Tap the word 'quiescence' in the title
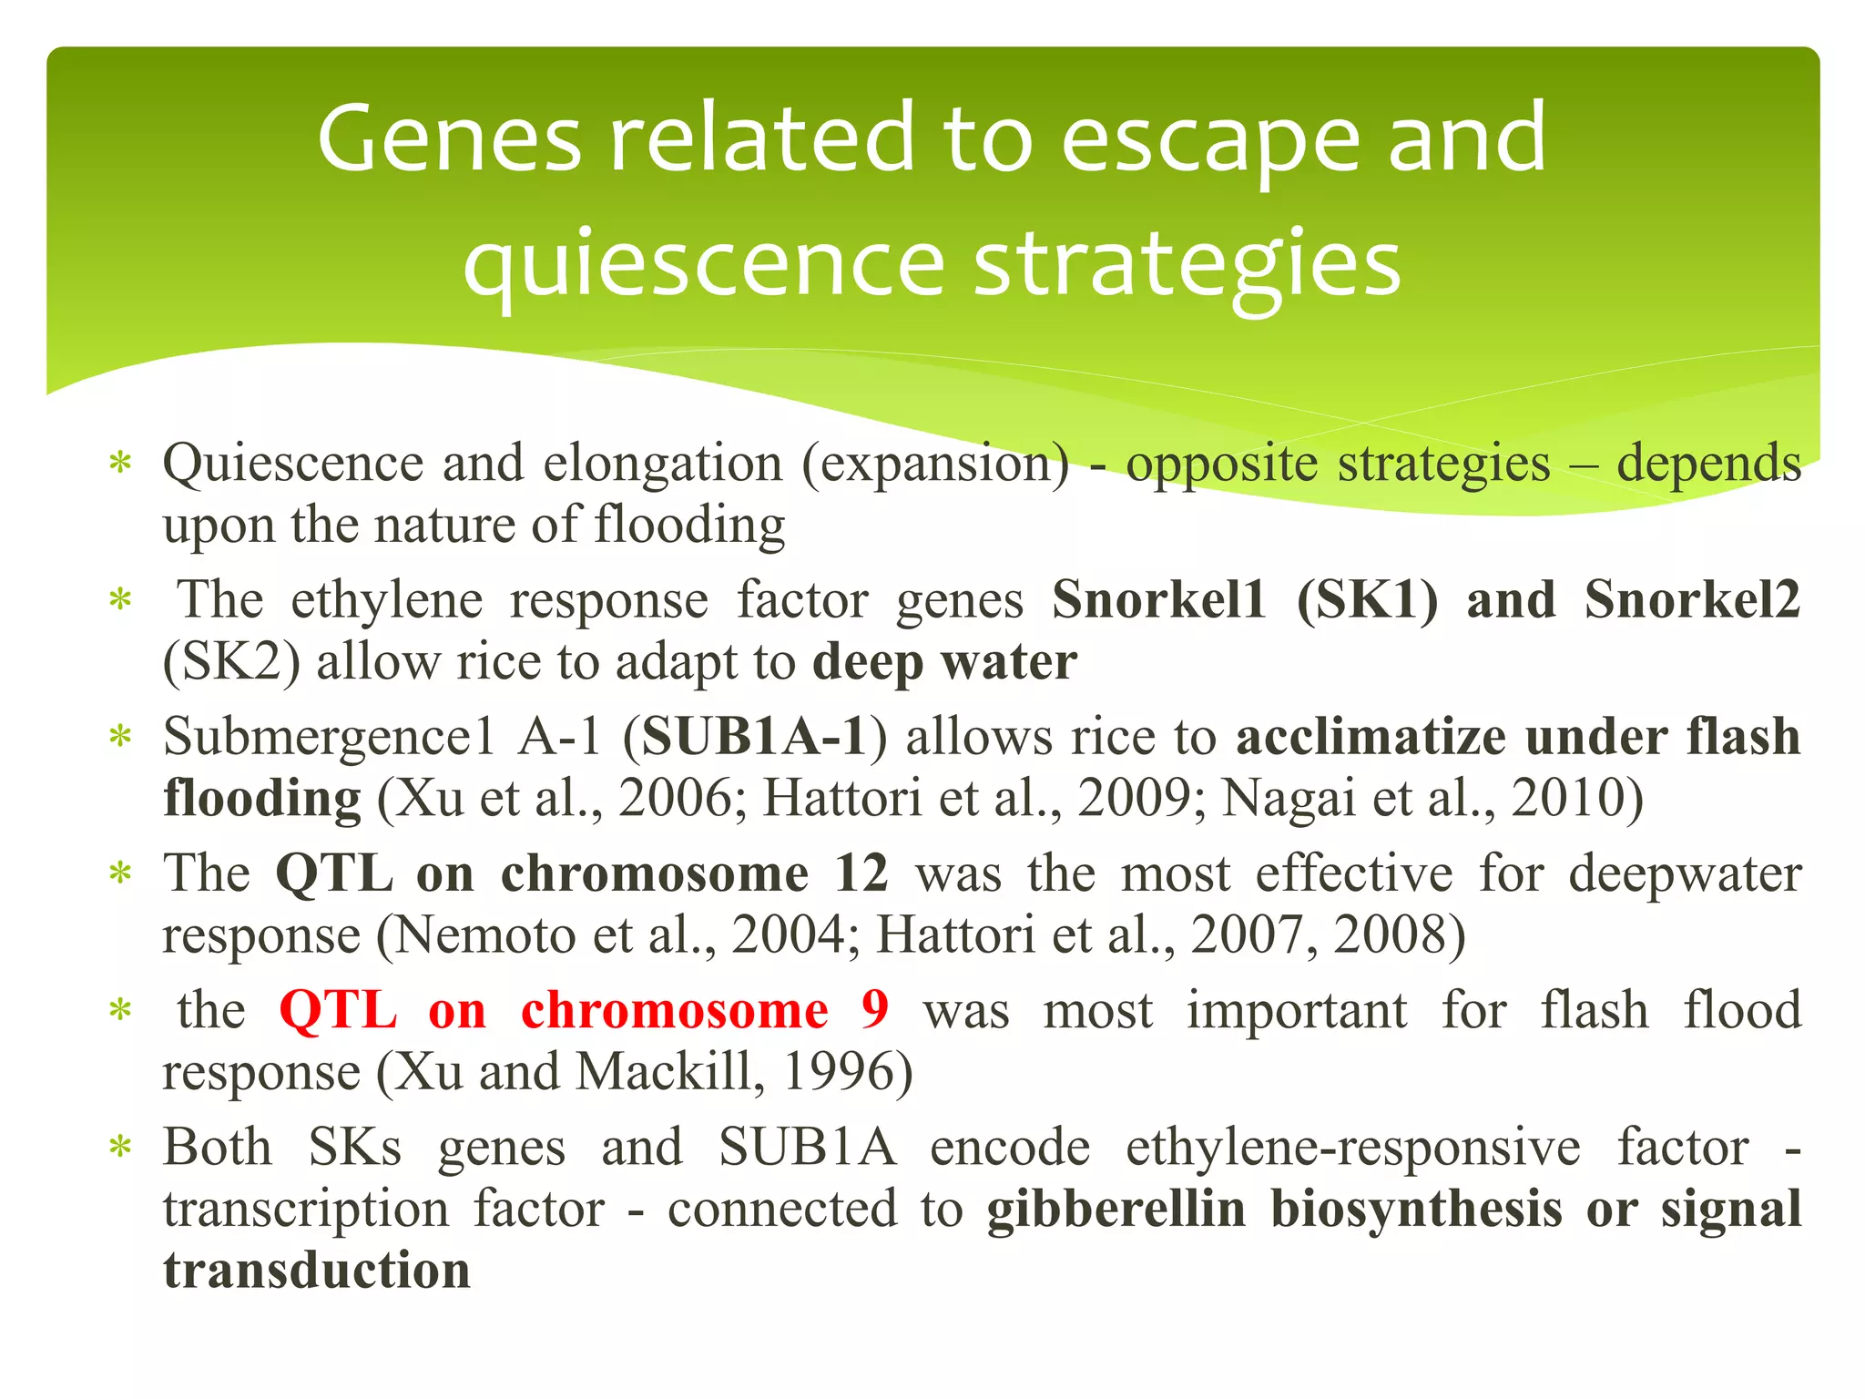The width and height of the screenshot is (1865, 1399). (703, 265)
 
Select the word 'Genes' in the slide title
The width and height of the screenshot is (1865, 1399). (449, 139)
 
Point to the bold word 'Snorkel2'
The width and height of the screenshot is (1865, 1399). (1692, 600)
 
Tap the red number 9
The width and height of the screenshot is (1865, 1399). (874, 1010)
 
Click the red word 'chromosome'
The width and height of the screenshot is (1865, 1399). (674, 1010)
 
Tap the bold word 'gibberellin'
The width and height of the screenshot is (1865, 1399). (1116, 1210)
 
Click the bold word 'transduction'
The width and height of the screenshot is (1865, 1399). (317, 1271)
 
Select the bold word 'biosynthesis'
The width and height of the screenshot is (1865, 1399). (1417, 1210)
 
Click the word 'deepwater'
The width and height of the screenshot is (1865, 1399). (1685, 873)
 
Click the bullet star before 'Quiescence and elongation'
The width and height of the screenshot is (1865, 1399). (120, 463)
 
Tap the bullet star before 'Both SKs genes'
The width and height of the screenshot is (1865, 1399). (120, 1147)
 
